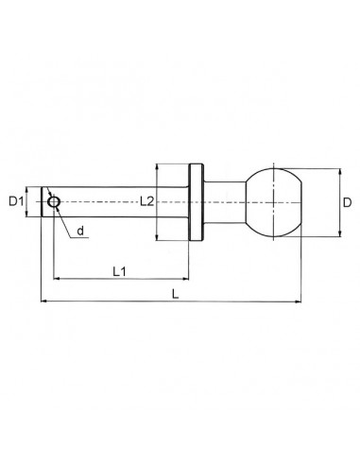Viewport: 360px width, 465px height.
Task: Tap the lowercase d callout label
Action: tap(80, 231)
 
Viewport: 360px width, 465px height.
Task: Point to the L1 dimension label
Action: tap(121, 271)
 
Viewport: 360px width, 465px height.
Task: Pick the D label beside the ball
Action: tap(348, 202)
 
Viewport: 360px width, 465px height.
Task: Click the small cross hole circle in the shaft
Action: tap(54, 202)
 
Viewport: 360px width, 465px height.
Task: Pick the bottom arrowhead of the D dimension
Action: tap(337, 232)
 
